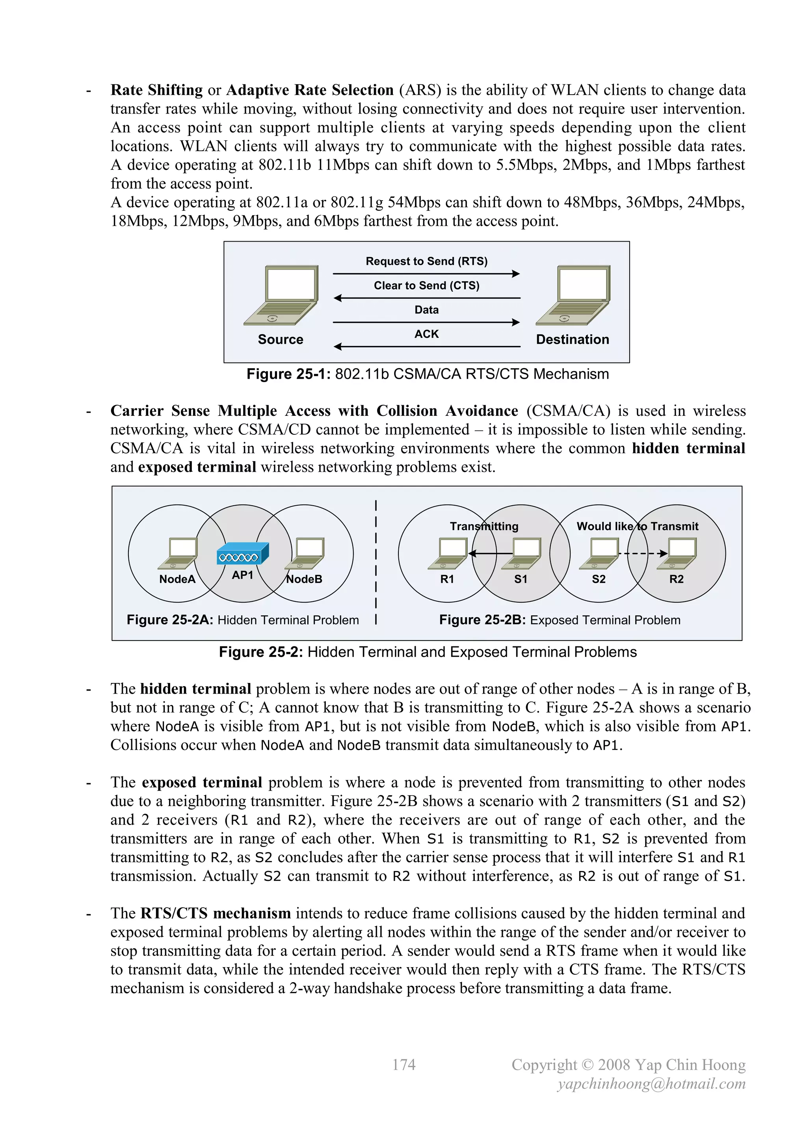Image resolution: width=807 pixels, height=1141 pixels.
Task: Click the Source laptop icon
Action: tap(281, 295)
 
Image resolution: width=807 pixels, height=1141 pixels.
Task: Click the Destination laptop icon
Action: tap(573, 295)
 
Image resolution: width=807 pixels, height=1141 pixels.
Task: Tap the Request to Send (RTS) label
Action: tap(426, 261)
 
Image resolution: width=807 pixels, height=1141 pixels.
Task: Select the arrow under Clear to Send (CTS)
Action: tap(426, 298)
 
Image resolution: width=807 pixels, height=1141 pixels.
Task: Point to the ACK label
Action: tap(426, 334)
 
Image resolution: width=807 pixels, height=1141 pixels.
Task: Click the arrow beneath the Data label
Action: tap(426, 322)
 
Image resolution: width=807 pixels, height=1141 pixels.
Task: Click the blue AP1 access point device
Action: tap(243, 554)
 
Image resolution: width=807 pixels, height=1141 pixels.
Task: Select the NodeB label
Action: tap(305, 579)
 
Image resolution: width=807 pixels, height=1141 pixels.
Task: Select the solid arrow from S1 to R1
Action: tap(491, 553)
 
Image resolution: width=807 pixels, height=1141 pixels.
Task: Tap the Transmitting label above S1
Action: tap(484, 526)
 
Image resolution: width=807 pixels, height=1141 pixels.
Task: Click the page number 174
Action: tap(403, 1065)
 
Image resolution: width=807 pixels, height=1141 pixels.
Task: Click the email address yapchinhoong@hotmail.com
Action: tap(651, 1084)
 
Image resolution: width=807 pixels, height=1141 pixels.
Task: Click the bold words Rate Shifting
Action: tap(156, 90)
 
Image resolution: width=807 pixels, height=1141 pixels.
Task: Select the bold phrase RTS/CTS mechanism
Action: tap(216, 914)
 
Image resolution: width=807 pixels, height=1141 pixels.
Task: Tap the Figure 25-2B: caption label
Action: tap(482, 620)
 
